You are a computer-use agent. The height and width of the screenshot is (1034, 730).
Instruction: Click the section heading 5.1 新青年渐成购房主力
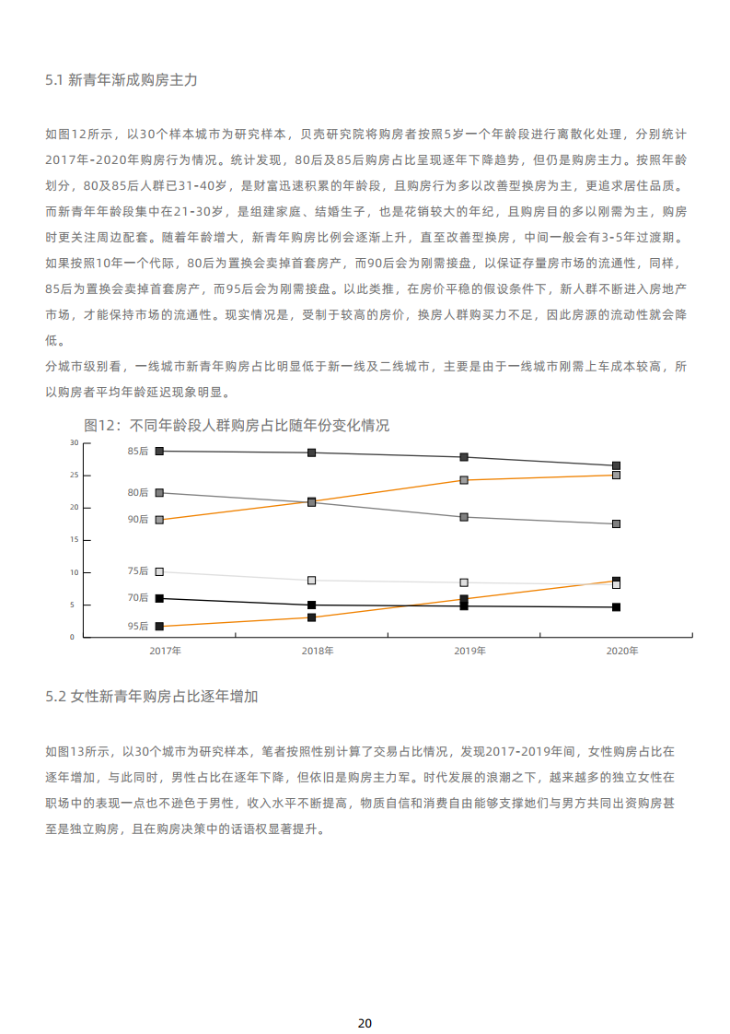(x=122, y=80)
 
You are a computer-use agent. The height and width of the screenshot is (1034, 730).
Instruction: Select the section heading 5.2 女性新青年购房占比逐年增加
(x=152, y=696)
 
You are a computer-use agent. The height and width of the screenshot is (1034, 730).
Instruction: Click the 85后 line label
(x=138, y=451)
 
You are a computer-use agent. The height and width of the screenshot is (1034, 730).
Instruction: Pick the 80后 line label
(x=138, y=492)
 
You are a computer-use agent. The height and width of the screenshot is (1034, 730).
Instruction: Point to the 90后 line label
(x=138, y=519)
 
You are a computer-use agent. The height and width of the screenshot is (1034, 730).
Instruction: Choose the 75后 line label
(x=138, y=571)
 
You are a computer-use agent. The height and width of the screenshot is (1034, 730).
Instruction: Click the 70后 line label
(x=138, y=597)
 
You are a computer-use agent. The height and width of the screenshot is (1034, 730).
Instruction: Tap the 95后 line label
(x=138, y=626)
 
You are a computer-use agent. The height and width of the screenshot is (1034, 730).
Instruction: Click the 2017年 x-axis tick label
(x=166, y=651)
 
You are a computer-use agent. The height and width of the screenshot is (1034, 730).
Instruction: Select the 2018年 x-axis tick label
(x=318, y=651)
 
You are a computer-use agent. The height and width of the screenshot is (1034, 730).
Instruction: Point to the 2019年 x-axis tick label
(x=469, y=651)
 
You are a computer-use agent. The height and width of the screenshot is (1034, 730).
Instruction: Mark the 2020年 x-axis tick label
(x=622, y=651)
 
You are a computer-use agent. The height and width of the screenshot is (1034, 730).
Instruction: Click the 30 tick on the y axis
(x=74, y=442)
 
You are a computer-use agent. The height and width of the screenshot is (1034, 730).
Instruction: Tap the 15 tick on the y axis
(x=74, y=540)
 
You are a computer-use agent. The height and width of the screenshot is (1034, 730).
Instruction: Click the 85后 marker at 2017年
(x=159, y=451)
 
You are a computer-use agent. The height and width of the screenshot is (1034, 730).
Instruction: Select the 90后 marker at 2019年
(x=464, y=480)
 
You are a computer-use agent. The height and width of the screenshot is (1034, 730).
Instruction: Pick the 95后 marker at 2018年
(x=312, y=617)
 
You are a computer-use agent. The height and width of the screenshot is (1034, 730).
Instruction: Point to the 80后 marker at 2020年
(x=616, y=523)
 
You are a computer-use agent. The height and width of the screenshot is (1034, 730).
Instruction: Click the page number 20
(x=365, y=998)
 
